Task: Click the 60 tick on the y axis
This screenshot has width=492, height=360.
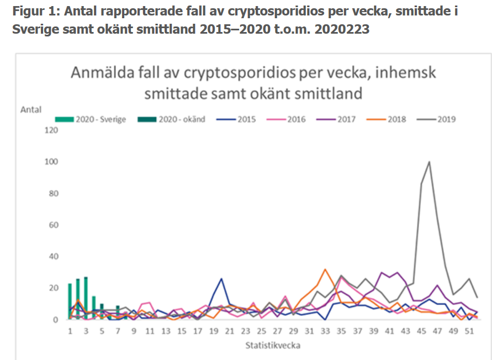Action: [52, 225]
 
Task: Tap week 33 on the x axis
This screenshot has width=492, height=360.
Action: [325, 331]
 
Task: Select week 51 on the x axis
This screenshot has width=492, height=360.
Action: [469, 331]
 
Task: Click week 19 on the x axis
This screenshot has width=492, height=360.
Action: [214, 331]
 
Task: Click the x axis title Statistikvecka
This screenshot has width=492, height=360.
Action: [273, 346]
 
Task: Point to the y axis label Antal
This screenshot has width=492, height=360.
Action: [31, 109]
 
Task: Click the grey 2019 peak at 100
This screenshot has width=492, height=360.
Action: [429, 162]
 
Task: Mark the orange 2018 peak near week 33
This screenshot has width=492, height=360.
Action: [325, 269]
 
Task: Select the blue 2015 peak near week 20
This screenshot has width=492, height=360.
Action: [221, 279]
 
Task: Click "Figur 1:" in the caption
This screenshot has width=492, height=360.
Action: [34, 11]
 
